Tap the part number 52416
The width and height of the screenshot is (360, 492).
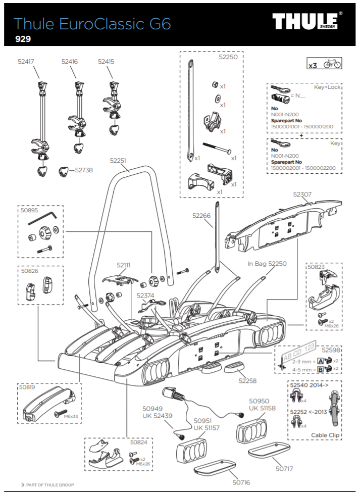(70, 61)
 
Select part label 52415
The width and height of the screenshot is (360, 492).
(106, 61)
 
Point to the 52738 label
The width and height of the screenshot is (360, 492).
(84, 170)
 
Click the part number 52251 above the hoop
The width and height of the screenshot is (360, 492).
(118, 160)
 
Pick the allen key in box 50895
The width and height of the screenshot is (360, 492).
(42, 221)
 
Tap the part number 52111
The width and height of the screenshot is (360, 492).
(124, 265)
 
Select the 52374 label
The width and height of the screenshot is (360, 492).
(146, 295)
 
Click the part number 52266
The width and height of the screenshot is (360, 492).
(201, 215)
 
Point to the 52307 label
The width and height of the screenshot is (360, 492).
(302, 193)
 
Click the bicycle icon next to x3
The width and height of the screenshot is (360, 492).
(332, 64)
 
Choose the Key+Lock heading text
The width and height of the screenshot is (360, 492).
(327, 87)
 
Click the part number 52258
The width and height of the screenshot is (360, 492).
(248, 380)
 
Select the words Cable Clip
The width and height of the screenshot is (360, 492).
(325, 434)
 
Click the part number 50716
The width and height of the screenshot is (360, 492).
(241, 482)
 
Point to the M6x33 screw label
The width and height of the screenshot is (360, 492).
(71, 416)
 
